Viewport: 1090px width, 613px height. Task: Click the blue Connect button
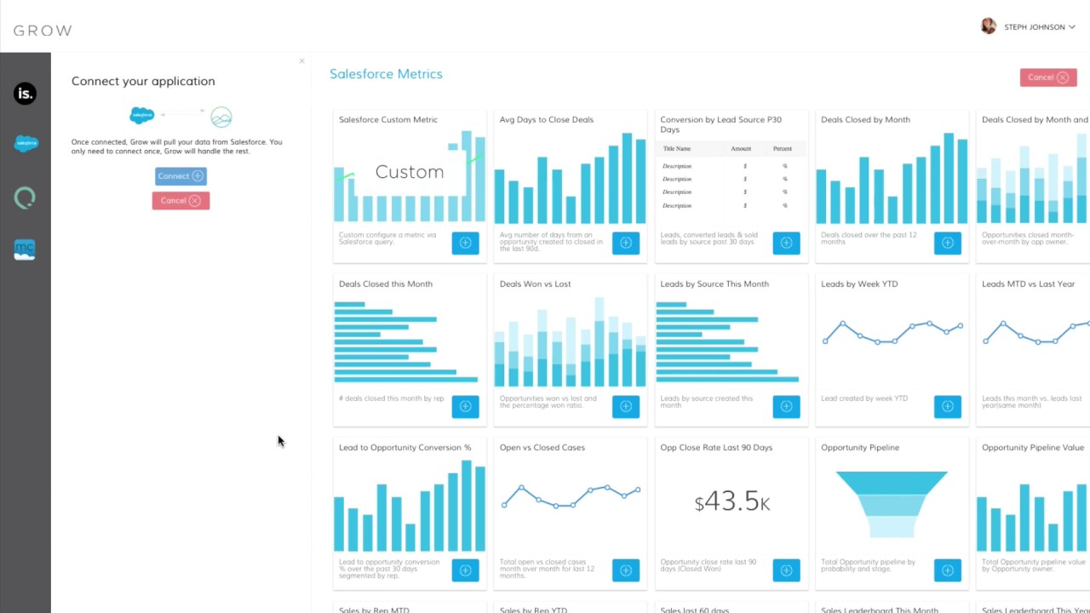181,176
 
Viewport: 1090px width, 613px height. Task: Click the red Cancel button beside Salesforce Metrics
1047,77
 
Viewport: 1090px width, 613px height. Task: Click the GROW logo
43,31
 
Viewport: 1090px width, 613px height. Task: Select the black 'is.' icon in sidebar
25,94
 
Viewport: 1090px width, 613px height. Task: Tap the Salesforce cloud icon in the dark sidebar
26,144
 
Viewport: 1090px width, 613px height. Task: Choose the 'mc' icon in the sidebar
25,249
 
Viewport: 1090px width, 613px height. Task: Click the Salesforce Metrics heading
386,74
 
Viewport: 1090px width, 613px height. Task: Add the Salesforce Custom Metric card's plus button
465,243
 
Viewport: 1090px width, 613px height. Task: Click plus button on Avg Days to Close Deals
626,243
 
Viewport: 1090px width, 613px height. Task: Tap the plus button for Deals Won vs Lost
626,407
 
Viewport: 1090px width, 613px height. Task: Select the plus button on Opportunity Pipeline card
947,570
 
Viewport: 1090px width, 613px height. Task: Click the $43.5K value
731,501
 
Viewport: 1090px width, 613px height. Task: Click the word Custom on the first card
410,172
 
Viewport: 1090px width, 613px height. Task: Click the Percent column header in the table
782,149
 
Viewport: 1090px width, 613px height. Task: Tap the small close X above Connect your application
301,61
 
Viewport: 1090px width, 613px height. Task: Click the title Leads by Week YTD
858,284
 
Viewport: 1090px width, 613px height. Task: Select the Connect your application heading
143,82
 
